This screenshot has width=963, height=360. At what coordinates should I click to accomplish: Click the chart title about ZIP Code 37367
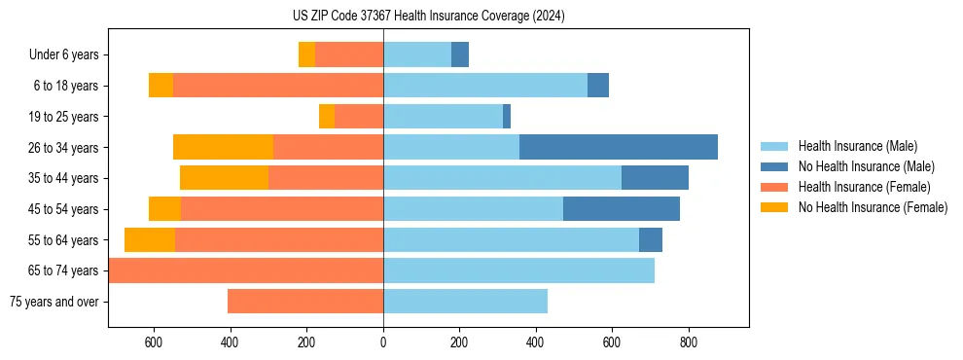(x=428, y=17)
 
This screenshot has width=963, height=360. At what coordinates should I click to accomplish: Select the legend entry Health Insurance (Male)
(x=857, y=146)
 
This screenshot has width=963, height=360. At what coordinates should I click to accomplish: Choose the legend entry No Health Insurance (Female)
(x=873, y=207)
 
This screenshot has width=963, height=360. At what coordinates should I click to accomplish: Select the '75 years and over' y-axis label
(x=53, y=302)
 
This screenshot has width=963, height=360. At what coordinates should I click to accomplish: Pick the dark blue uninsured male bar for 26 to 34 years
(x=619, y=147)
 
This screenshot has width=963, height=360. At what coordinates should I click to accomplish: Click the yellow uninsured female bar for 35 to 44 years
(x=224, y=178)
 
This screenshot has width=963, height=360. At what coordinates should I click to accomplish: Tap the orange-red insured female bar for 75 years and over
(x=305, y=302)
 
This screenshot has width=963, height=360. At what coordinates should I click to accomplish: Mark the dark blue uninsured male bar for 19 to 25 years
(x=507, y=117)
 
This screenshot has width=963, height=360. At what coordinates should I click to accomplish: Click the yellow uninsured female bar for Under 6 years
(x=306, y=54)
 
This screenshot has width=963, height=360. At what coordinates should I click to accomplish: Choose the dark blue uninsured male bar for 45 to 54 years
(x=622, y=209)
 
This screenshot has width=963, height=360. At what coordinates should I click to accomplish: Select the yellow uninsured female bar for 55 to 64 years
(x=150, y=239)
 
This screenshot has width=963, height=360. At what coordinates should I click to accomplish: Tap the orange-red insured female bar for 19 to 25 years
(x=359, y=117)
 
